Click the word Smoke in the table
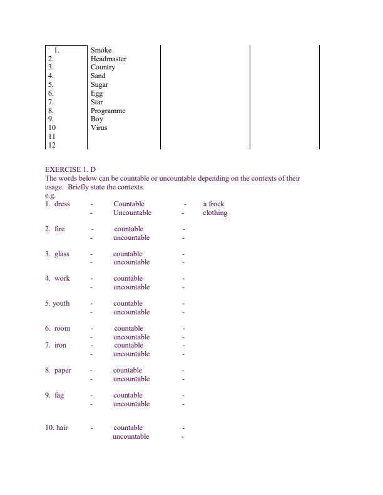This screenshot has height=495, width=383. (101, 50)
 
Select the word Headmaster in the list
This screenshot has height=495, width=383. (108, 59)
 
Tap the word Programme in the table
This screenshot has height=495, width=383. (108, 111)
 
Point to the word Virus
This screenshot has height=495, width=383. (99, 127)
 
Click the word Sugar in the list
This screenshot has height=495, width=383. (99, 84)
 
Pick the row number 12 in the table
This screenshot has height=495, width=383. (52, 145)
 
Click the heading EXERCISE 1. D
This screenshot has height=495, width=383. (71, 169)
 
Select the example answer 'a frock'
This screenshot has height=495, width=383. (213, 204)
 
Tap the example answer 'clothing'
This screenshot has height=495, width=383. (215, 212)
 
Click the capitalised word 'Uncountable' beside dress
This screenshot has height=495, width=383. (131, 212)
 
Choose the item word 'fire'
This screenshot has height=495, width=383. (59, 229)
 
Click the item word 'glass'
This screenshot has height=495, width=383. (61, 254)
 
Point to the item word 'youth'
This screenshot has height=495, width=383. (61, 303)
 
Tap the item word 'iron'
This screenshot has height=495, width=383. (60, 345)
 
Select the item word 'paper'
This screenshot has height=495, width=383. (63, 370)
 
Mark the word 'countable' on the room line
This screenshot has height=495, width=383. (128, 328)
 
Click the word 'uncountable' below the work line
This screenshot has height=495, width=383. (131, 287)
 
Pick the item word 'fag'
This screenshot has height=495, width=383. (59, 395)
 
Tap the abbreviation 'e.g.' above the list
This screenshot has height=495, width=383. (51, 196)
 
